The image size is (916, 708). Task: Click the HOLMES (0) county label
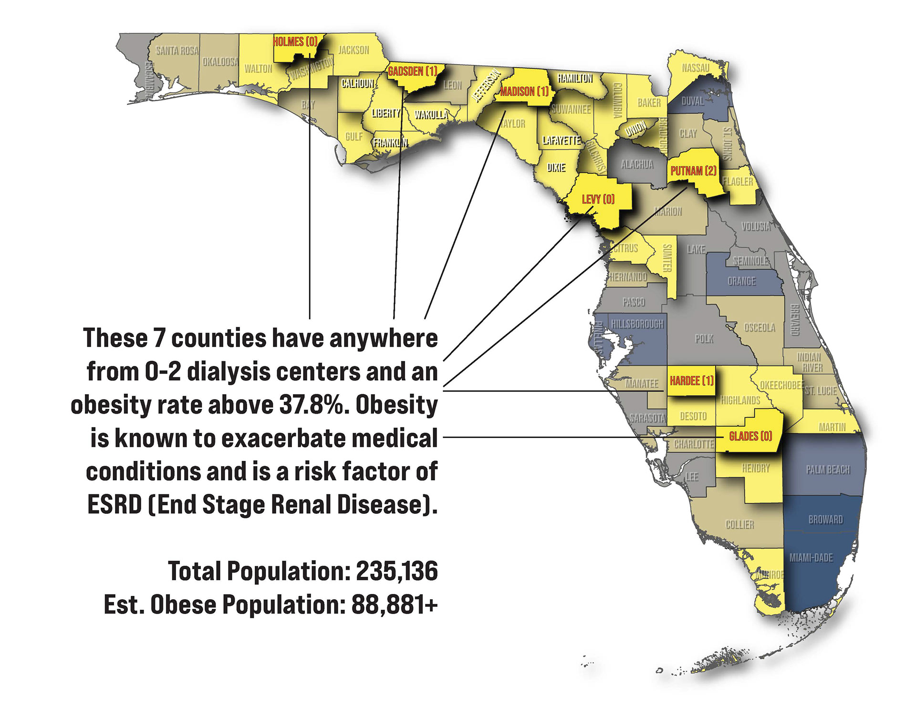pos(295,42)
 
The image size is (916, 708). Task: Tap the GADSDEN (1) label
pos(412,72)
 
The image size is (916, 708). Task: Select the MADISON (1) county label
pos(524,91)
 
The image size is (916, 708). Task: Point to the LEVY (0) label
pos(598,199)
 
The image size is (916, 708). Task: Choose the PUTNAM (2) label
pos(693,171)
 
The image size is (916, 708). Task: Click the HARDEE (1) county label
pos(691,380)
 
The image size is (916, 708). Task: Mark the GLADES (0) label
pos(750,436)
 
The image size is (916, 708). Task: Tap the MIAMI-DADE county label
pos(811,557)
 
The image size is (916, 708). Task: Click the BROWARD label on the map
pos(825,520)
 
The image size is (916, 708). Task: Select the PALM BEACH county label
pos(828,470)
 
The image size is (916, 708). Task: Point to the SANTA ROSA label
pos(177,51)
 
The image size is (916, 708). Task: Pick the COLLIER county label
pos(739,525)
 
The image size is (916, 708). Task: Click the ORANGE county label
pos(741,281)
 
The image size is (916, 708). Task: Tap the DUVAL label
pos(692,101)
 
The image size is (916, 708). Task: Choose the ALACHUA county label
pos(637,165)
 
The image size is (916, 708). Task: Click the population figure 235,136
pos(397,571)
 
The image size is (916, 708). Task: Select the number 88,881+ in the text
pos(395,604)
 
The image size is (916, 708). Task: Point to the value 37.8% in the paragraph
pos(313,405)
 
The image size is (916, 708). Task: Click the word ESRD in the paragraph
pos(114,505)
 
